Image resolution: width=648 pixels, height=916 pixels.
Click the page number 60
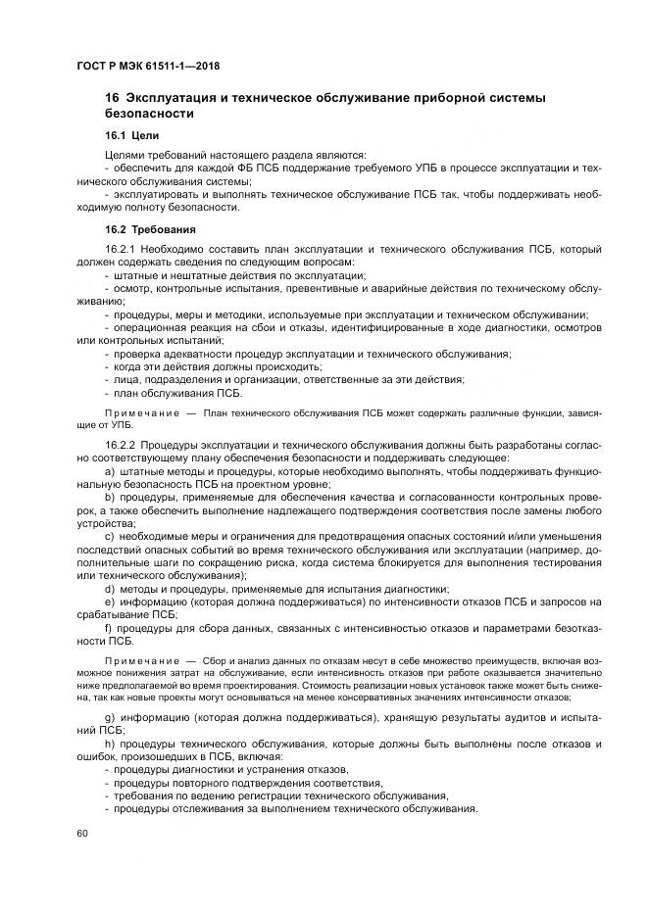[x=80, y=833]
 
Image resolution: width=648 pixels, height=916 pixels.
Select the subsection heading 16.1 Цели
[x=131, y=135]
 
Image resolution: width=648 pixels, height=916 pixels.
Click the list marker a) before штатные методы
[x=109, y=472]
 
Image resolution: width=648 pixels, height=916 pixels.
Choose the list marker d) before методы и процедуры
[x=109, y=588]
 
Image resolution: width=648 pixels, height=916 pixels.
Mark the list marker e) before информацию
[x=109, y=601]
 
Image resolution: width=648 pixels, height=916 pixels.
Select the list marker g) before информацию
[x=109, y=718]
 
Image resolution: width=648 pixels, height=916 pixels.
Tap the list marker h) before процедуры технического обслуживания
[x=109, y=745]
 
